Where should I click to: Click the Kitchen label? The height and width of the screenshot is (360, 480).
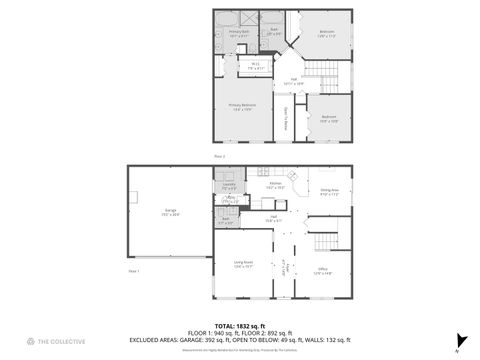[276, 184]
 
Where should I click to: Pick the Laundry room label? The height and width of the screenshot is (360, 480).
[228, 186]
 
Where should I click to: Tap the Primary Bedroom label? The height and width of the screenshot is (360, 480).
[242, 106]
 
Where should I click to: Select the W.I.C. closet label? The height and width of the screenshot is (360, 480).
[256, 67]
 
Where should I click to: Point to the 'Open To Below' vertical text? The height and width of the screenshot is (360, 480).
[287, 118]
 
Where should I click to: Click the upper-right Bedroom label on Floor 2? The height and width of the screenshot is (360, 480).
[327, 33]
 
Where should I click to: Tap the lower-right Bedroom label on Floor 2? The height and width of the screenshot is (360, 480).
[329, 117]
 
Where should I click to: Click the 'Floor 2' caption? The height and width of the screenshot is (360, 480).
[218, 156]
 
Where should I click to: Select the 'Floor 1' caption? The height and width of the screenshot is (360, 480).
[133, 271]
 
